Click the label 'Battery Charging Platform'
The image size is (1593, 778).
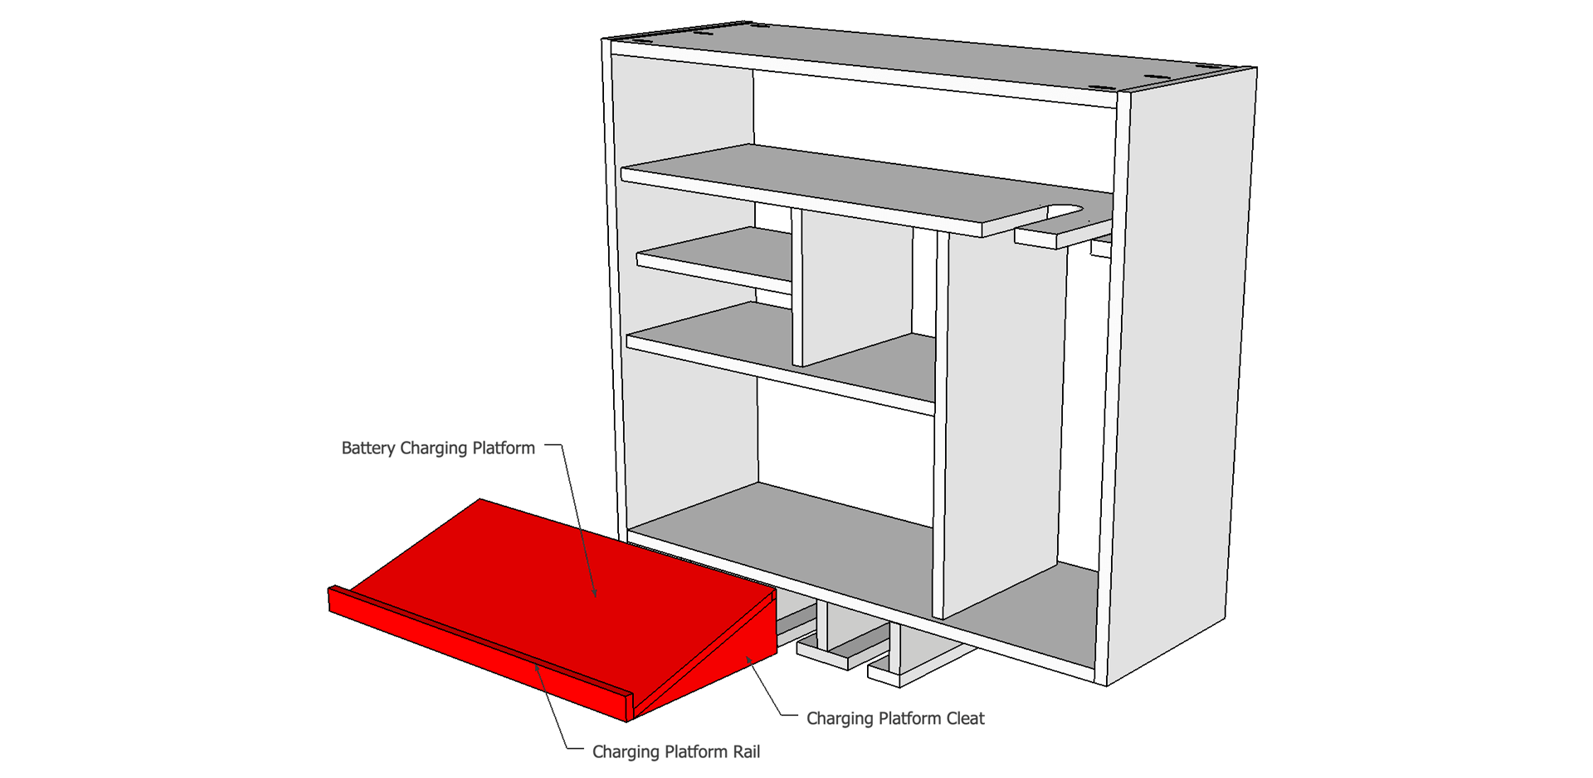[x=438, y=448]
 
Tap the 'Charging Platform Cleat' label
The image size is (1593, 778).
[x=895, y=718]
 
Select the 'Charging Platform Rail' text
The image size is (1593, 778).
[x=675, y=752]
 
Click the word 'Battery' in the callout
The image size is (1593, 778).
[x=368, y=448]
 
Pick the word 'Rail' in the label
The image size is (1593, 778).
[x=745, y=752]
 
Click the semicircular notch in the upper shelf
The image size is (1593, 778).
[x=1066, y=212]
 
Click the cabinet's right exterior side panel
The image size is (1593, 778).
[x=1178, y=374]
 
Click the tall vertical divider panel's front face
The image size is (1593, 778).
[x=1000, y=415]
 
